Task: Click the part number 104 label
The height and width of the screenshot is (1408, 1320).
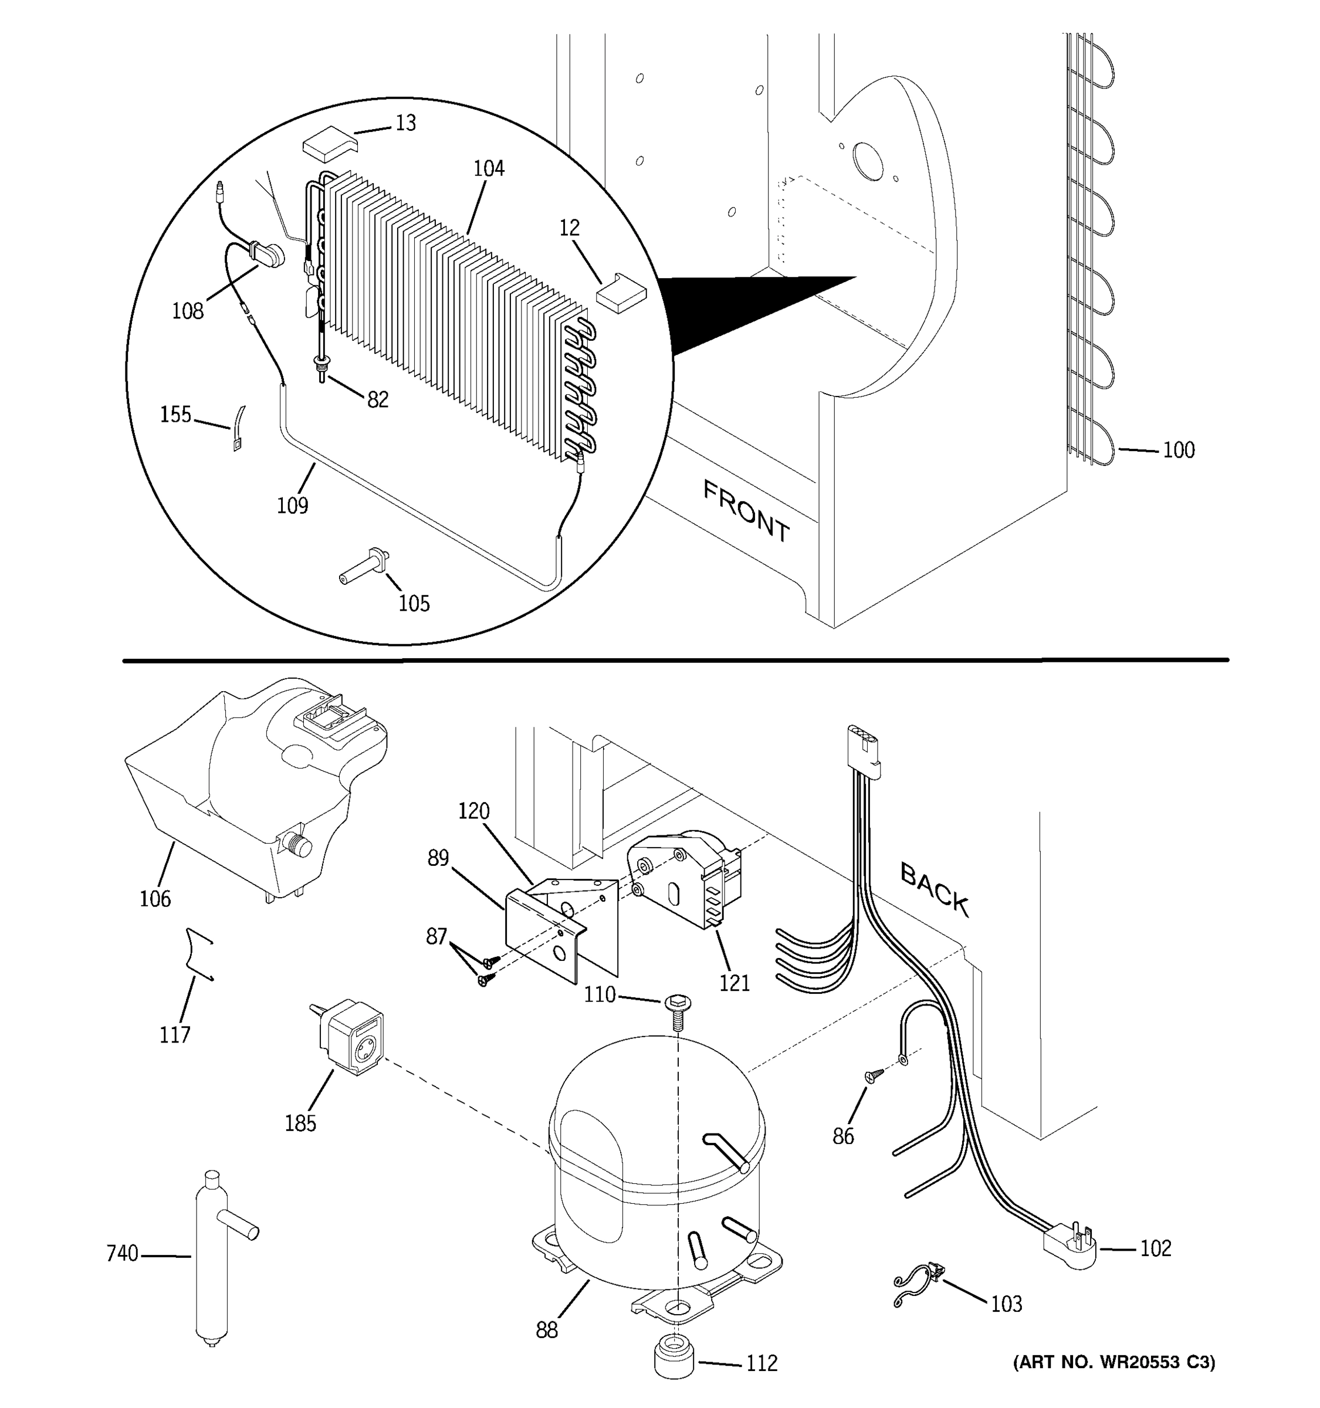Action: click(x=489, y=168)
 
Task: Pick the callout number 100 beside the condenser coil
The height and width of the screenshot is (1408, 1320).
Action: click(x=1179, y=451)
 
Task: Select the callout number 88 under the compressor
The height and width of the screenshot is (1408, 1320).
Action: click(x=547, y=1330)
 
